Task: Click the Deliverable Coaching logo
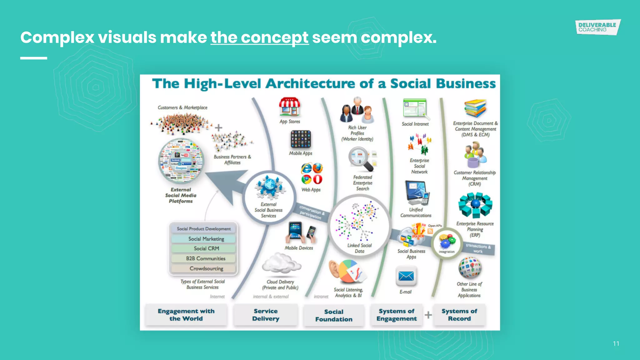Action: [x=597, y=27]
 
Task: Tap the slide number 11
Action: [x=616, y=344]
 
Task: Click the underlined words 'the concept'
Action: [x=259, y=38]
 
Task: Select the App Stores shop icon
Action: [x=290, y=107]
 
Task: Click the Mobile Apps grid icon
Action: [x=301, y=139]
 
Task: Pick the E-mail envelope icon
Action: [x=406, y=276]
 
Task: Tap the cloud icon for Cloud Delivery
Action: [x=281, y=263]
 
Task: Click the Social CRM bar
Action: [x=206, y=249]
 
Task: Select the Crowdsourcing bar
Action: [x=206, y=268]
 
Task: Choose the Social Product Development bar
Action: [x=204, y=229]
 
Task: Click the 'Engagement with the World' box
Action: [x=186, y=315]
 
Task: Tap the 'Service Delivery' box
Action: [x=266, y=315]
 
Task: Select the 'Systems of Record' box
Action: [x=459, y=315]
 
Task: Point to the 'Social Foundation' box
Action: [x=334, y=316]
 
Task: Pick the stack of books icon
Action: [x=475, y=108]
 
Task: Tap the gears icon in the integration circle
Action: [x=447, y=241]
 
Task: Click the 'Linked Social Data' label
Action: [x=359, y=248]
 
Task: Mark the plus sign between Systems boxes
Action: [x=428, y=315]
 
